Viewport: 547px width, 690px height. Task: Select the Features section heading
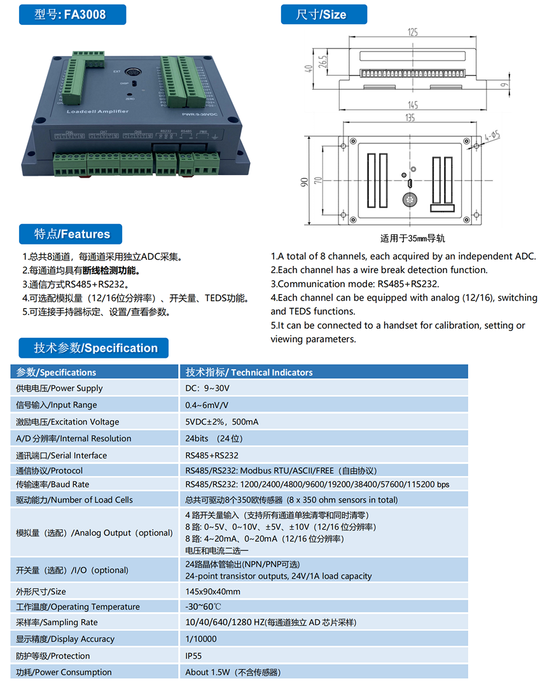(72, 234)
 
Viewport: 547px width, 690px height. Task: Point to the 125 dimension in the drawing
(412, 32)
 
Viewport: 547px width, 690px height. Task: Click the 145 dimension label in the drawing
(412, 104)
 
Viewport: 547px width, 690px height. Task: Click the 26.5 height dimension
(323, 61)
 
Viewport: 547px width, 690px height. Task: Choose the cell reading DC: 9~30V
(207, 388)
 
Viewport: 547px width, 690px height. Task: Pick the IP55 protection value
(193, 656)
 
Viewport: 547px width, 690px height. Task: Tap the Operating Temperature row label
(78, 607)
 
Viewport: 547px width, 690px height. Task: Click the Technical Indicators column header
(249, 372)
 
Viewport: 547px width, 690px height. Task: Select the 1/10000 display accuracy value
(201, 639)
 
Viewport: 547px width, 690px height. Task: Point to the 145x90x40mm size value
(212, 591)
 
